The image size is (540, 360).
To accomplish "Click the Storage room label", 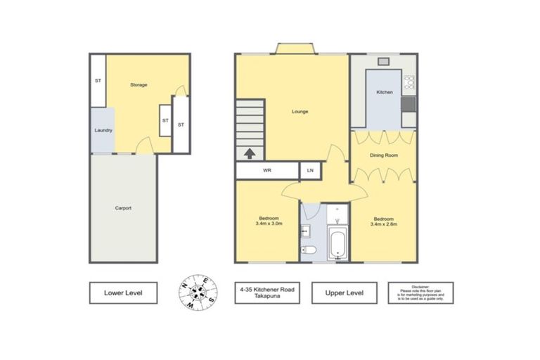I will click(x=139, y=85).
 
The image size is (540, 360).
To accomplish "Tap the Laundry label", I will click(x=103, y=130).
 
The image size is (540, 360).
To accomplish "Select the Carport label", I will click(x=123, y=208).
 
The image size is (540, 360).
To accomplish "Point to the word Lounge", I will click(x=300, y=111).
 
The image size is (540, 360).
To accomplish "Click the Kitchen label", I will click(x=384, y=93).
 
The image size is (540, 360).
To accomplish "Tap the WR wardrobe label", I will click(x=267, y=171).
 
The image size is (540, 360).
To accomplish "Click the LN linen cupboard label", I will click(x=310, y=171).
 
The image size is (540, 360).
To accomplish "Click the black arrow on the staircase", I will click(x=248, y=152).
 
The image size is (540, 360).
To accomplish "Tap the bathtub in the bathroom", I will click(x=338, y=243).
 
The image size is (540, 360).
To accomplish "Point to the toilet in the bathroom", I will click(x=308, y=250).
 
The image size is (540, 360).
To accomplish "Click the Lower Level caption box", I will click(x=123, y=292).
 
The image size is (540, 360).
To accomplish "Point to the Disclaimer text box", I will click(x=420, y=292).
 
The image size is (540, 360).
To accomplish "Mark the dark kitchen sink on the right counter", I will click(x=409, y=105).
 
